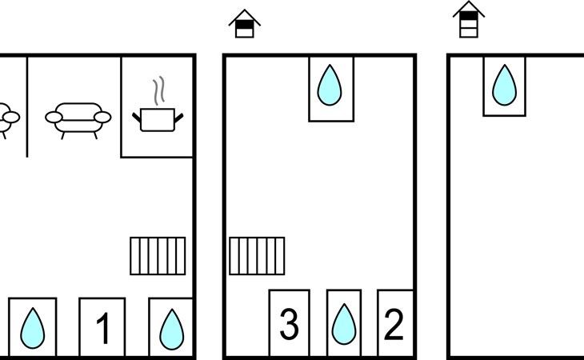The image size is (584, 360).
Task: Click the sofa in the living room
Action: point(78,118)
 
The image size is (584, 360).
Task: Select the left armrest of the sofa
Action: point(54,118)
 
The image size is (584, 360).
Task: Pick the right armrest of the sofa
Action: point(102,118)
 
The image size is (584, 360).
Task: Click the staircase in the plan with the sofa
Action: point(158,256)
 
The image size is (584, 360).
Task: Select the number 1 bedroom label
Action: point(102,329)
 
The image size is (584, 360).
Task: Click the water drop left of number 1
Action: point(33,328)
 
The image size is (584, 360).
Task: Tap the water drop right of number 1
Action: point(171,329)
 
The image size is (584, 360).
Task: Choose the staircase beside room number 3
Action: point(257,256)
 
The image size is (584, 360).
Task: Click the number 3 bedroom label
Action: point(289,325)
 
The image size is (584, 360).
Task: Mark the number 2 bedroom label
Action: point(394,325)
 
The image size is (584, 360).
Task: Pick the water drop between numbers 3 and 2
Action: point(344,325)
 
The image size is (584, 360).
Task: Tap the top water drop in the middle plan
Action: point(331,85)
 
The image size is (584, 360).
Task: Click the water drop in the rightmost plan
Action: point(504,84)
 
